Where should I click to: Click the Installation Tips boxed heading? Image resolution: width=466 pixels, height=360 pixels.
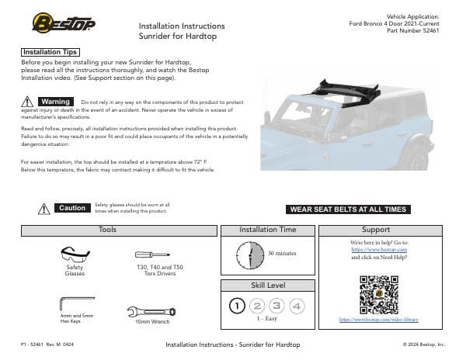click(x=51, y=51)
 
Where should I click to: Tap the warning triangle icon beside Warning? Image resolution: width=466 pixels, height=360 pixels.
click(x=29, y=102)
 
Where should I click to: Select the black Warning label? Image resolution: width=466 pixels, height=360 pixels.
click(x=56, y=102)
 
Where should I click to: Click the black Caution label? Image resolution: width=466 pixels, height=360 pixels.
click(x=71, y=208)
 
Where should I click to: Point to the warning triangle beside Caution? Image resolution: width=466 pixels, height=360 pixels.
click(x=44, y=208)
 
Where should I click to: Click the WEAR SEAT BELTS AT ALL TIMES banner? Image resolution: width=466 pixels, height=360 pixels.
click(x=347, y=209)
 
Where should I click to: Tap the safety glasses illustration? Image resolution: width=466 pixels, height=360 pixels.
click(x=75, y=254)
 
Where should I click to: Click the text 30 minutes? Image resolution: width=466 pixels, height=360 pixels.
click(x=282, y=254)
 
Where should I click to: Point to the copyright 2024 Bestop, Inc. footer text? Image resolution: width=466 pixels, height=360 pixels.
click(x=423, y=344)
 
